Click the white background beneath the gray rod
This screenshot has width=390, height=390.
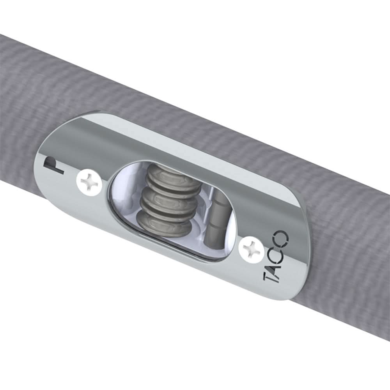(x=117, y=331)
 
